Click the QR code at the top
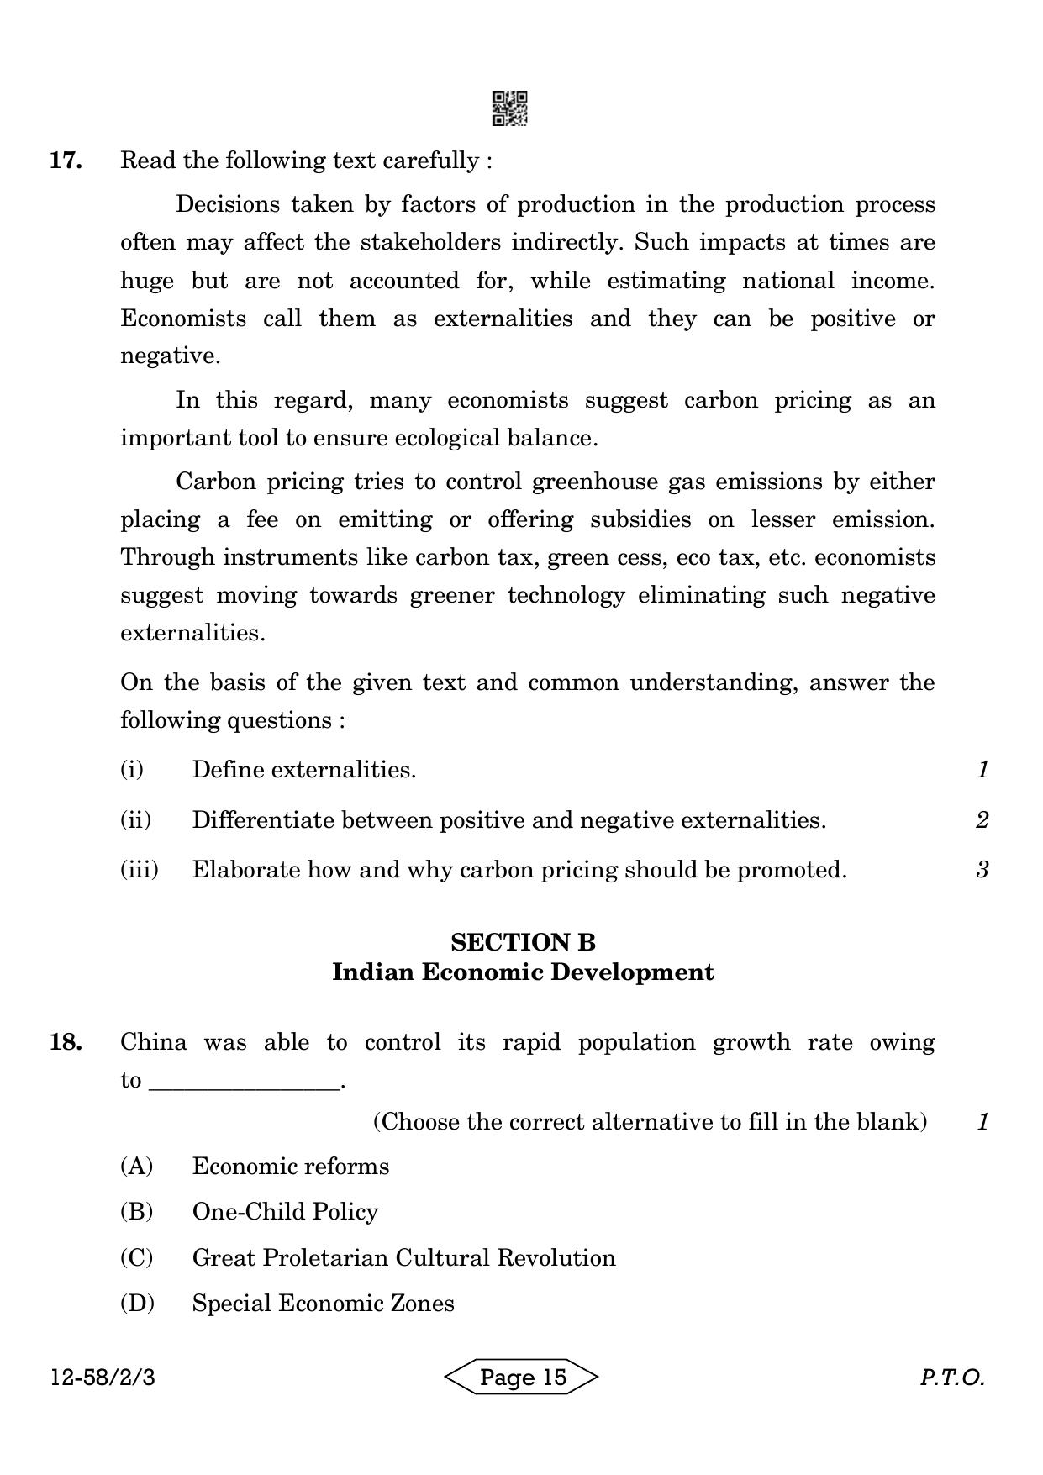click(x=509, y=108)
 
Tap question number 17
click(x=66, y=161)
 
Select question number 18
click(x=66, y=1042)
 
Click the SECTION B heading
click(x=523, y=942)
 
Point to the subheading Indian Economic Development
click(x=523, y=972)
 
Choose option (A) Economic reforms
click(x=290, y=1167)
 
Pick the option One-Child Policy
click(x=285, y=1212)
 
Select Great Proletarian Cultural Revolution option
click(x=403, y=1258)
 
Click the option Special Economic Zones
click(x=323, y=1304)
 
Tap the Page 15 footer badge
click(x=522, y=1377)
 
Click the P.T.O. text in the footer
click(x=951, y=1378)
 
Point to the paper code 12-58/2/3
click(x=103, y=1378)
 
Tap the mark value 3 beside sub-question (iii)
click(x=982, y=869)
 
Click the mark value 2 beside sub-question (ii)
click(x=982, y=819)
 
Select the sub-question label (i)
click(x=132, y=769)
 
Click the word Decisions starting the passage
click(x=226, y=205)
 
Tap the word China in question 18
click(x=153, y=1042)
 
